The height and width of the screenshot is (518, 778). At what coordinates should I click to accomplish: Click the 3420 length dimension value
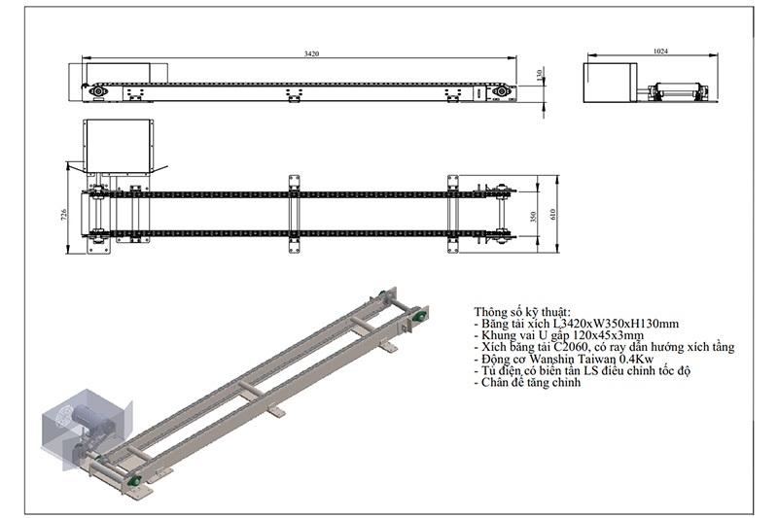pyautogui.click(x=311, y=53)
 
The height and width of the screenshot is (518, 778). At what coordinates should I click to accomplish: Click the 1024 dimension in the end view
pyautogui.click(x=660, y=51)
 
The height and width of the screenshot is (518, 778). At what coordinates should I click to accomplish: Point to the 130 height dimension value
pyautogui.click(x=540, y=76)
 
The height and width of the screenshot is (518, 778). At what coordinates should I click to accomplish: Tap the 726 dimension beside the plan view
pyautogui.click(x=64, y=214)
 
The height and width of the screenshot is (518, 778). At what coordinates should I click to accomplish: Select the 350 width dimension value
pyautogui.click(x=533, y=217)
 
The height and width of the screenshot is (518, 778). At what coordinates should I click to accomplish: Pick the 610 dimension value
pyautogui.click(x=552, y=214)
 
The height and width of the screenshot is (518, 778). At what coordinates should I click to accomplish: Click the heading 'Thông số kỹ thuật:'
pyautogui.click(x=522, y=312)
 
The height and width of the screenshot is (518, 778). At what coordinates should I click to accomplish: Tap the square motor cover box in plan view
pyautogui.click(x=118, y=146)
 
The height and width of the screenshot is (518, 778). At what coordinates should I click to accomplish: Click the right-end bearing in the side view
pyautogui.click(x=501, y=91)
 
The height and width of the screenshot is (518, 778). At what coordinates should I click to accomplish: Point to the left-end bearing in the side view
pyautogui.click(x=97, y=92)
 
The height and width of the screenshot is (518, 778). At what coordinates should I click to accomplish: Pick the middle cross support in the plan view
pyautogui.click(x=295, y=214)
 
